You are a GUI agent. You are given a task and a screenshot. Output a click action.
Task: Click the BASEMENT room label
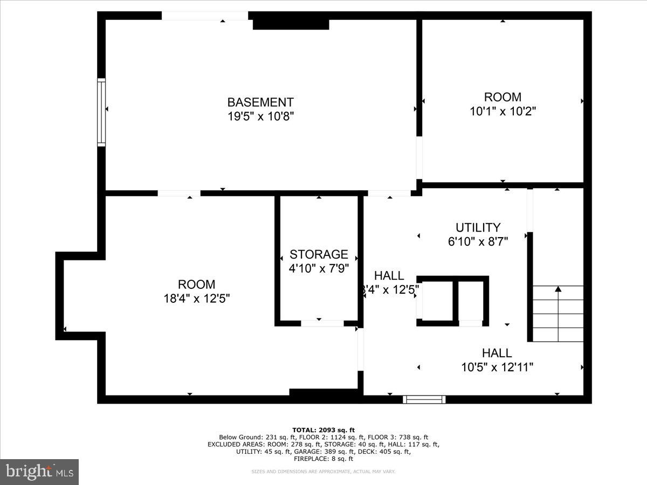click(x=260, y=102)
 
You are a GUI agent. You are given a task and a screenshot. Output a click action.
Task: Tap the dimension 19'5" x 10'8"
click(x=260, y=116)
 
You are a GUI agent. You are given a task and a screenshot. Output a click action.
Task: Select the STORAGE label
click(x=319, y=254)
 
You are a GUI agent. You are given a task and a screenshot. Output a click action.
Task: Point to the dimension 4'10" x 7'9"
click(x=319, y=268)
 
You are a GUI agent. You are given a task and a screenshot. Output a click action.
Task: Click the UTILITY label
click(x=478, y=227)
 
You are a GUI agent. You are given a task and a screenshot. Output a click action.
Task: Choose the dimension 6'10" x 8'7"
click(x=478, y=241)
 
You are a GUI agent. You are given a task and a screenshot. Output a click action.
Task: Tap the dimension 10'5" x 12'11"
click(x=497, y=368)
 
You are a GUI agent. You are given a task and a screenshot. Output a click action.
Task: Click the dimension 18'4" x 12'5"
click(x=197, y=299)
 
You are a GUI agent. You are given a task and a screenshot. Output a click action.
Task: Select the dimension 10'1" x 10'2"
click(x=503, y=111)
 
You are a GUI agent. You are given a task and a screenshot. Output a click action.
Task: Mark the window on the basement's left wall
click(x=101, y=112)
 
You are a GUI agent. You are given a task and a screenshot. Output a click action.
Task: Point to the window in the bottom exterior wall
click(x=424, y=399)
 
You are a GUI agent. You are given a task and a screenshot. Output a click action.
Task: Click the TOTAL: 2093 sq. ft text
click(x=323, y=429)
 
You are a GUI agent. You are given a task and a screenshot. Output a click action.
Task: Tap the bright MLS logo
click(x=39, y=472)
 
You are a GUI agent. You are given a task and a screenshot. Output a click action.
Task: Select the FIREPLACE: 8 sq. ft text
click(x=323, y=459)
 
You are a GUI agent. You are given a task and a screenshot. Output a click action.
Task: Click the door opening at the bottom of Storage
click(x=322, y=323)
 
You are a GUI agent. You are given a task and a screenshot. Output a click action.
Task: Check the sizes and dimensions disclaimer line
click(x=323, y=472)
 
